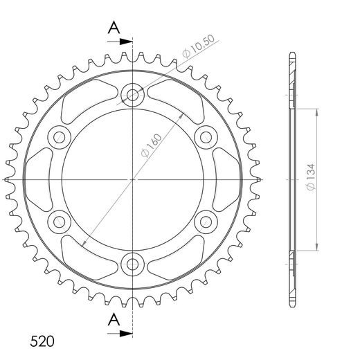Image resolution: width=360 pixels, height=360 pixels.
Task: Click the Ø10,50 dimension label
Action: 199,47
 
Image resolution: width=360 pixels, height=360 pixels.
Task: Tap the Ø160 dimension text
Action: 152,145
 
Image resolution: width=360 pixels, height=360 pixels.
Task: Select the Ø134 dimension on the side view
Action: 311,177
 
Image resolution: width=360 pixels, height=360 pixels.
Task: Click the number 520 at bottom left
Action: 42,341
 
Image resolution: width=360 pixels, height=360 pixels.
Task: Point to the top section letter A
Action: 114,28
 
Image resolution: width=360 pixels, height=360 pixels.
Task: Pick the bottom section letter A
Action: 114,320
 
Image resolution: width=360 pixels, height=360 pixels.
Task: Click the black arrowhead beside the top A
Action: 126,42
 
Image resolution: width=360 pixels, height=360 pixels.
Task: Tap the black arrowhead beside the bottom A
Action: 126,334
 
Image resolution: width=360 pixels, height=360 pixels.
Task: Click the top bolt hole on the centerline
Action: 133,95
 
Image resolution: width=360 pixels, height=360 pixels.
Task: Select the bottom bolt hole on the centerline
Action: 133,264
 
